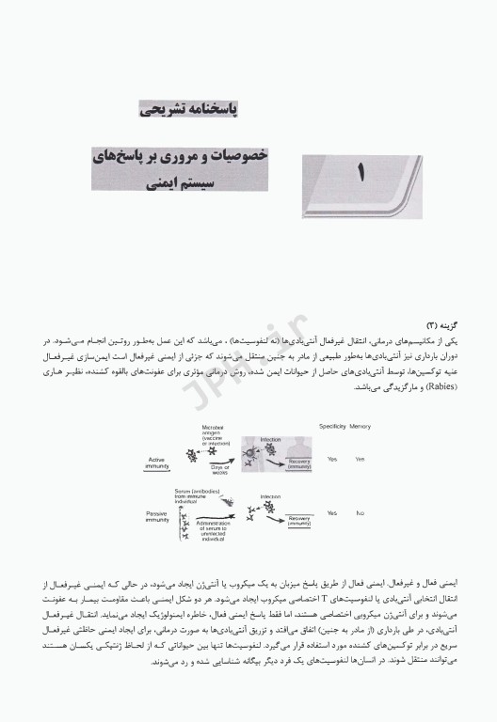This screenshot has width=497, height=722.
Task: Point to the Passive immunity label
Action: [x=156, y=515]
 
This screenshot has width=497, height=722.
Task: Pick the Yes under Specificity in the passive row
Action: [x=331, y=514]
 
